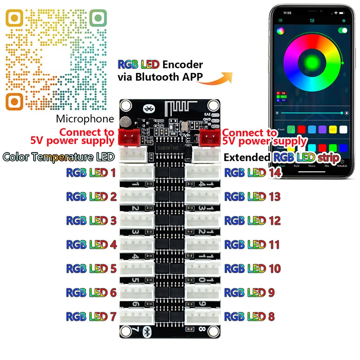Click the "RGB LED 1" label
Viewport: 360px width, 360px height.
[91, 172]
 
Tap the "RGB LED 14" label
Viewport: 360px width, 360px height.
[252, 172]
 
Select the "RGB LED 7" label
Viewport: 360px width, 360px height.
[91, 316]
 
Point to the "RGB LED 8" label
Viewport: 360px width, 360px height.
[249, 316]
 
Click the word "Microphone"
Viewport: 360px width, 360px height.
[85, 119]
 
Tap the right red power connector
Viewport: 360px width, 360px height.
[208, 136]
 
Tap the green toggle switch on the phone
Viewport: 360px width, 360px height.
[343, 31]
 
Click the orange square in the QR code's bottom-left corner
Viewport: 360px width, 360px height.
[14, 100]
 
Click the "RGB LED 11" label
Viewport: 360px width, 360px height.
[252, 244]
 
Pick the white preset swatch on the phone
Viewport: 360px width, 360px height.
[343, 129]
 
